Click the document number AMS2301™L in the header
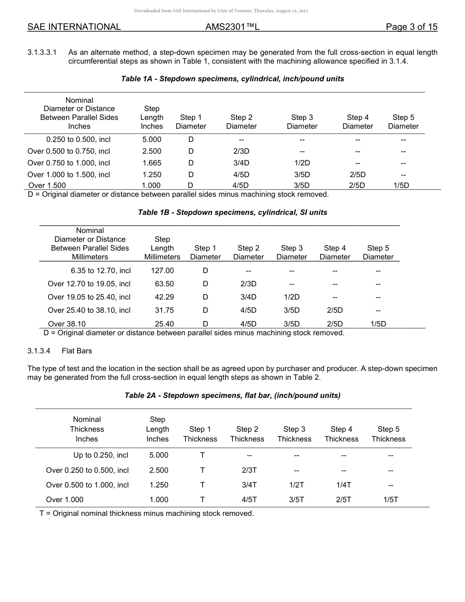pyautogui.click(x=232, y=27)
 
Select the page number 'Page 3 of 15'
pyautogui.click(x=411, y=27)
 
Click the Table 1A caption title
pyautogui.click(x=232, y=79)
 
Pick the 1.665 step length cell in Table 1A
pyautogui.click(x=152, y=163)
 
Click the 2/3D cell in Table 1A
pyautogui.click(x=241, y=151)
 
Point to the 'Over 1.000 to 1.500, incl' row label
pyautogui.click(x=69, y=175)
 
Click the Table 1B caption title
pyautogui.click(x=232, y=212)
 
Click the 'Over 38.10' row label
pyautogui.click(x=67, y=324)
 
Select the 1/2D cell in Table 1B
pyautogui.click(x=291, y=297)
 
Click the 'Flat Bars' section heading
pyautogui.click(x=77, y=351)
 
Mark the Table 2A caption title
pyautogui.click(x=232, y=395)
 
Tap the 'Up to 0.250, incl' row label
pyautogui.click(x=101, y=455)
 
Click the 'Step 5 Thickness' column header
pyautogui.click(x=388, y=434)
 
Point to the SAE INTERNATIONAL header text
pyautogui.click(x=74, y=27)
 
